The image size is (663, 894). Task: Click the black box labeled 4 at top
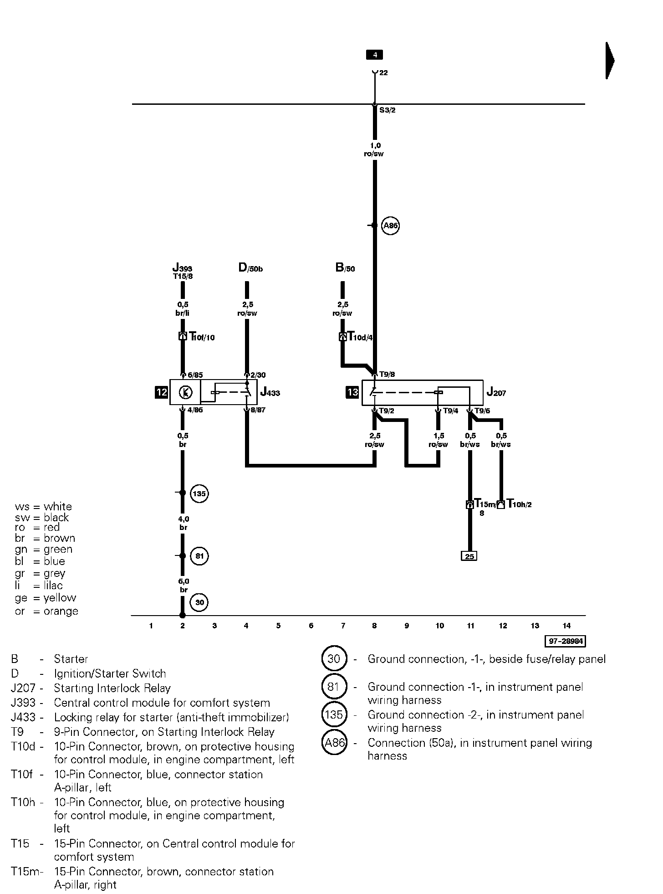click(x=374, y=55)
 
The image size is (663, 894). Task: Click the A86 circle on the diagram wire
click(x=390, y=226)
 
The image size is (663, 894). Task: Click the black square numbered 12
click(x=162, y=392)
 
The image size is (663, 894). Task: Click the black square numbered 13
click(x=352, y=392)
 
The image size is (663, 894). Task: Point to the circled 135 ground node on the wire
click(x=199, y=493)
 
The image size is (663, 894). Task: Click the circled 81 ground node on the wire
click(x=199, y=556)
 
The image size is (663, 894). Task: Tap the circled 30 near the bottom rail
click(x=199, y=602)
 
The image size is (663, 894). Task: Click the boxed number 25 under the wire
click(x=469, y=556)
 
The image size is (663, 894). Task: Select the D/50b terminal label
click(x=250, y=267)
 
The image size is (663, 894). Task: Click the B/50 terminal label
click(x=345, y=267)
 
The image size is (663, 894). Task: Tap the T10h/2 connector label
click(x=519, y=504)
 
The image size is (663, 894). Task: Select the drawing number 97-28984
click(x=565, y=641)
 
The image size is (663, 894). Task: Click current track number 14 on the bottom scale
click(x=566, y=626)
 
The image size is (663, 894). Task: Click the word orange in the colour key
click(x=61, y=611)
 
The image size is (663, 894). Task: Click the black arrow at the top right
click(x=610, y=60)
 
